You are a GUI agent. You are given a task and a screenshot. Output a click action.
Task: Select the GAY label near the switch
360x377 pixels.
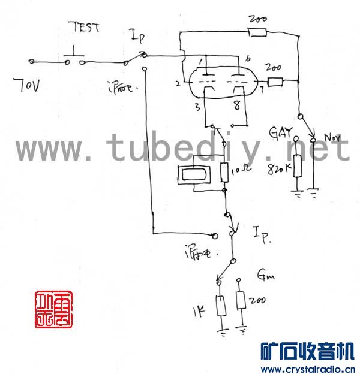point(281,132)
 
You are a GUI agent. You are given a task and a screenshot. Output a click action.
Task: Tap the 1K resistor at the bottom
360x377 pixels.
point(220,306)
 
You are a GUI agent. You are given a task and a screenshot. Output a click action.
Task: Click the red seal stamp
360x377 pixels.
point(53,309)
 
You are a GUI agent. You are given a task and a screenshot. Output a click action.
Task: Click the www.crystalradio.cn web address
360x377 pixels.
point(306,369)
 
